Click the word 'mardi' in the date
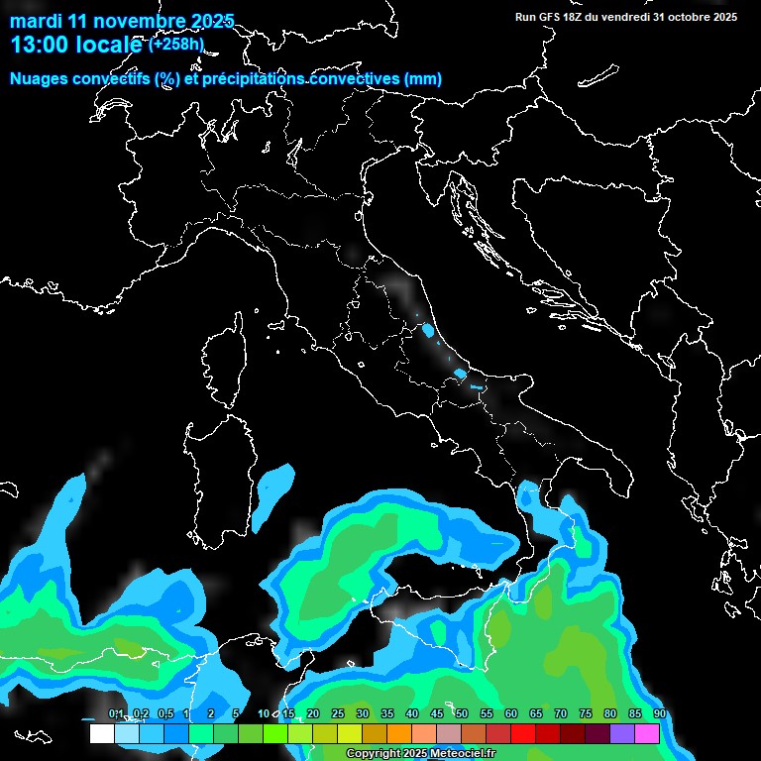pyautogui.click(x=35, y=21)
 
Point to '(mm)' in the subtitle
pyautogui.click(x=422, y=79)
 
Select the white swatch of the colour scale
pyautogui.click(x=101, y=734)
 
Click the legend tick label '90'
pyautogui.click(x=660, y=714)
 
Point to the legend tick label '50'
pyautogui.click(x=462, y=714)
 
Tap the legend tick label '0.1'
pyautogui.click(x=116, y=714)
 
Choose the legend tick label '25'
pyautogui.click(x=338, y=714)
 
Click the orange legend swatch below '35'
pyautogui.click(x=399, y=734)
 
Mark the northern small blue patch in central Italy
pyautogui.click(x=428, y=331)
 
